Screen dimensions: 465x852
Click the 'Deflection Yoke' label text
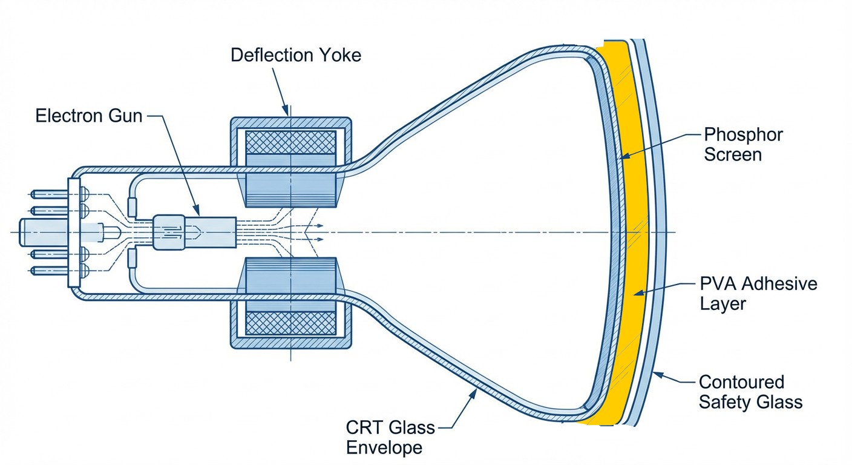pyautogui.click(x=296, y=55)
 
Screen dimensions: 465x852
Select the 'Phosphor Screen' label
pyautogui.click(x=743, y=144)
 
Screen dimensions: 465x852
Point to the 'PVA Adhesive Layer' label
pyautogui.click(x=758, y=293)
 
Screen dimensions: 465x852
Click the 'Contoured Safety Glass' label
pyautogui.click(x=750, y=392)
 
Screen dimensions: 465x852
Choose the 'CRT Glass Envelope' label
pyautogui.click(x=390, y=438)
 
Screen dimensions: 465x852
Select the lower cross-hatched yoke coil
pyautogui.click(x=290, y=323)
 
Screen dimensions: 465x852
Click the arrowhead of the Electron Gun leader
pyautogui.click(x=197, y=213)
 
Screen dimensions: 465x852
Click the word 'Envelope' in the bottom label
pyautogui.click(x=384, y=448)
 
